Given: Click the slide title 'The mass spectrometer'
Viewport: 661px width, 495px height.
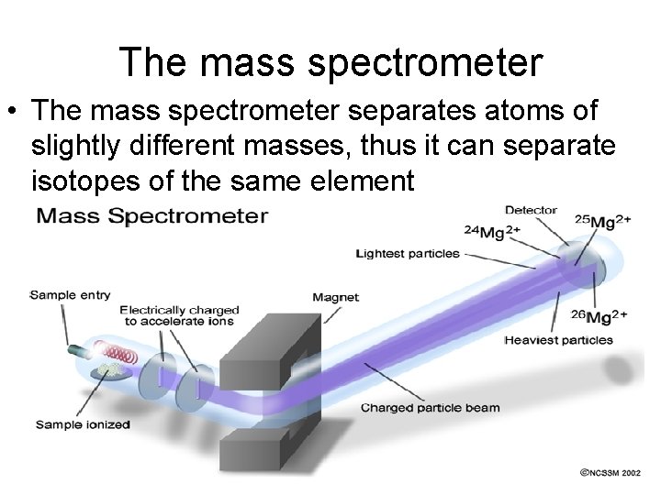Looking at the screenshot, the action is pos(330,62).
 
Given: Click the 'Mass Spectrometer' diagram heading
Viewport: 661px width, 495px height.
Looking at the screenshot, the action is pos(152,216).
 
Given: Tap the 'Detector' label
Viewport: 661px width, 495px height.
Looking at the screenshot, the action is pos(531,210).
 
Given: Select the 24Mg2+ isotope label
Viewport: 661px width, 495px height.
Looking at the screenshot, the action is pos(492,232).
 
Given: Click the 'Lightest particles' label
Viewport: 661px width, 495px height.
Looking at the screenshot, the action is pos(408,253).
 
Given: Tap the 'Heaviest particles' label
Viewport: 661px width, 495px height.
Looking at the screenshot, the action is pos(558,340).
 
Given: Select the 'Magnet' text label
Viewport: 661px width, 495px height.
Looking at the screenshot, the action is pos(335,297).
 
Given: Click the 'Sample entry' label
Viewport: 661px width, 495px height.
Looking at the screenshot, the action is pos(70,294).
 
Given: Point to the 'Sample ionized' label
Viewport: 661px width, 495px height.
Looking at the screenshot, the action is pos(83,424).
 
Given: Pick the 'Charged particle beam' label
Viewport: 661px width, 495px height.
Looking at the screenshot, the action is pos(430,407).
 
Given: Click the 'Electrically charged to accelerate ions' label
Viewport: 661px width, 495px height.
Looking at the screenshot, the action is pos(179,315).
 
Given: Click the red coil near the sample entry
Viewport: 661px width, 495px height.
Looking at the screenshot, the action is pos(118,354).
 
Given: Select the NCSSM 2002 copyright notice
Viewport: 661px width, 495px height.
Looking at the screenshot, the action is pos(610,473).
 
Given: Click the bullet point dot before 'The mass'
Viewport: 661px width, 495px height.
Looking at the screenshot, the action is pos(16,112).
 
